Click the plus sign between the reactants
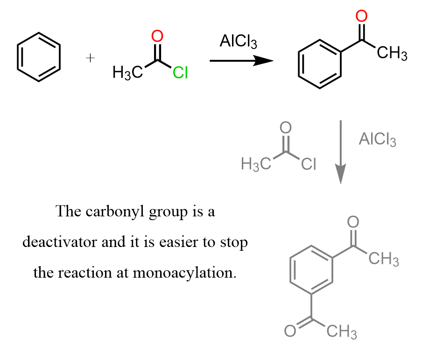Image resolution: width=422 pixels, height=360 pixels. (91, 57)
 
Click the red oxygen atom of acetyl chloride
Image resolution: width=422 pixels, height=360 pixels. (157, 36)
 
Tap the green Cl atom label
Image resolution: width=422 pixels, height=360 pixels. (180, 73)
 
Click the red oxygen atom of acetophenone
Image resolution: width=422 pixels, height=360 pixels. (360, 17)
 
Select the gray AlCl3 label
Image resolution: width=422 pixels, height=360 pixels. (377, 140)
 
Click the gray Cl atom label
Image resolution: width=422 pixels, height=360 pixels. (309, 164)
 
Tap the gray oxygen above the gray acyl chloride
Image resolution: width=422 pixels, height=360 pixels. (286, 127)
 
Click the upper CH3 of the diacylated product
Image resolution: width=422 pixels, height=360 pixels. (384, 259)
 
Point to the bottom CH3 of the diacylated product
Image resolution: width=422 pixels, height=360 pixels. (342, 332)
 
